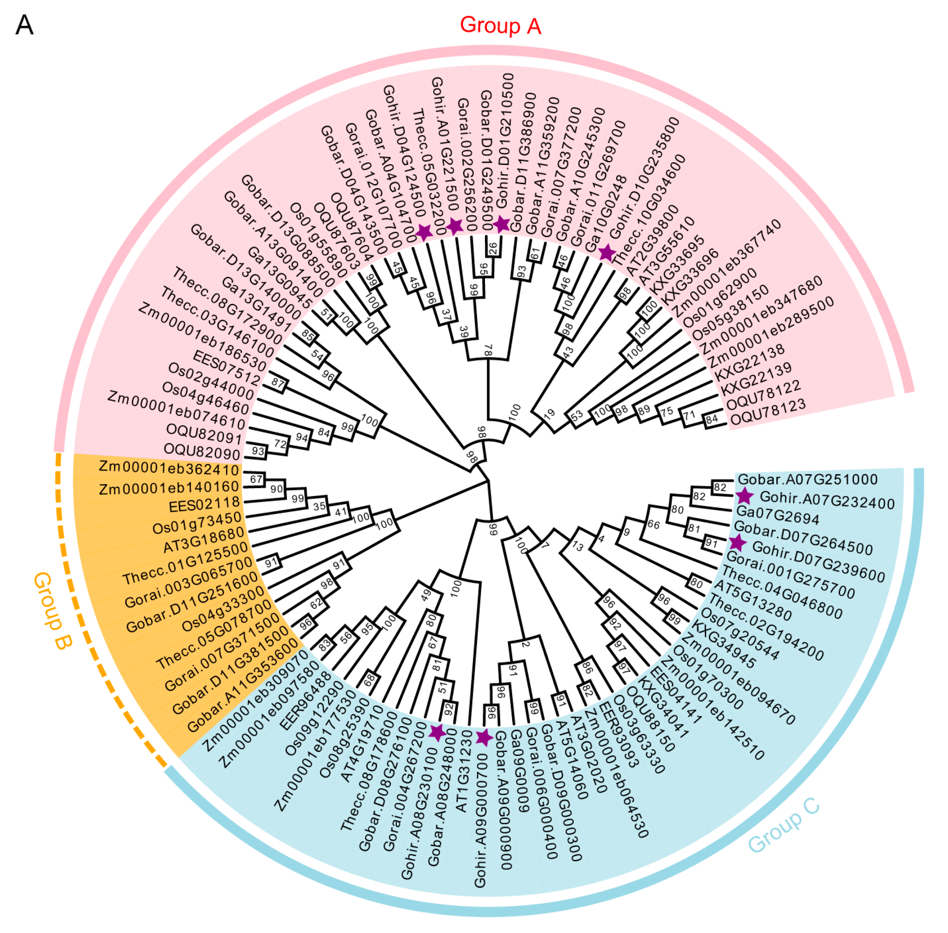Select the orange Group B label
pos(53,611)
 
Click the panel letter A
pos(24,25)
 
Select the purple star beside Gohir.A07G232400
pos(744,496)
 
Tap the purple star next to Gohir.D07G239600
pos(737,542)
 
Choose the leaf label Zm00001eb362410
pos(168,468)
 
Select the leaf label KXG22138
pos(749,363)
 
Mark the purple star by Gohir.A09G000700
pos(484,737)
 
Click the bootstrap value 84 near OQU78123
pos(711,419)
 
